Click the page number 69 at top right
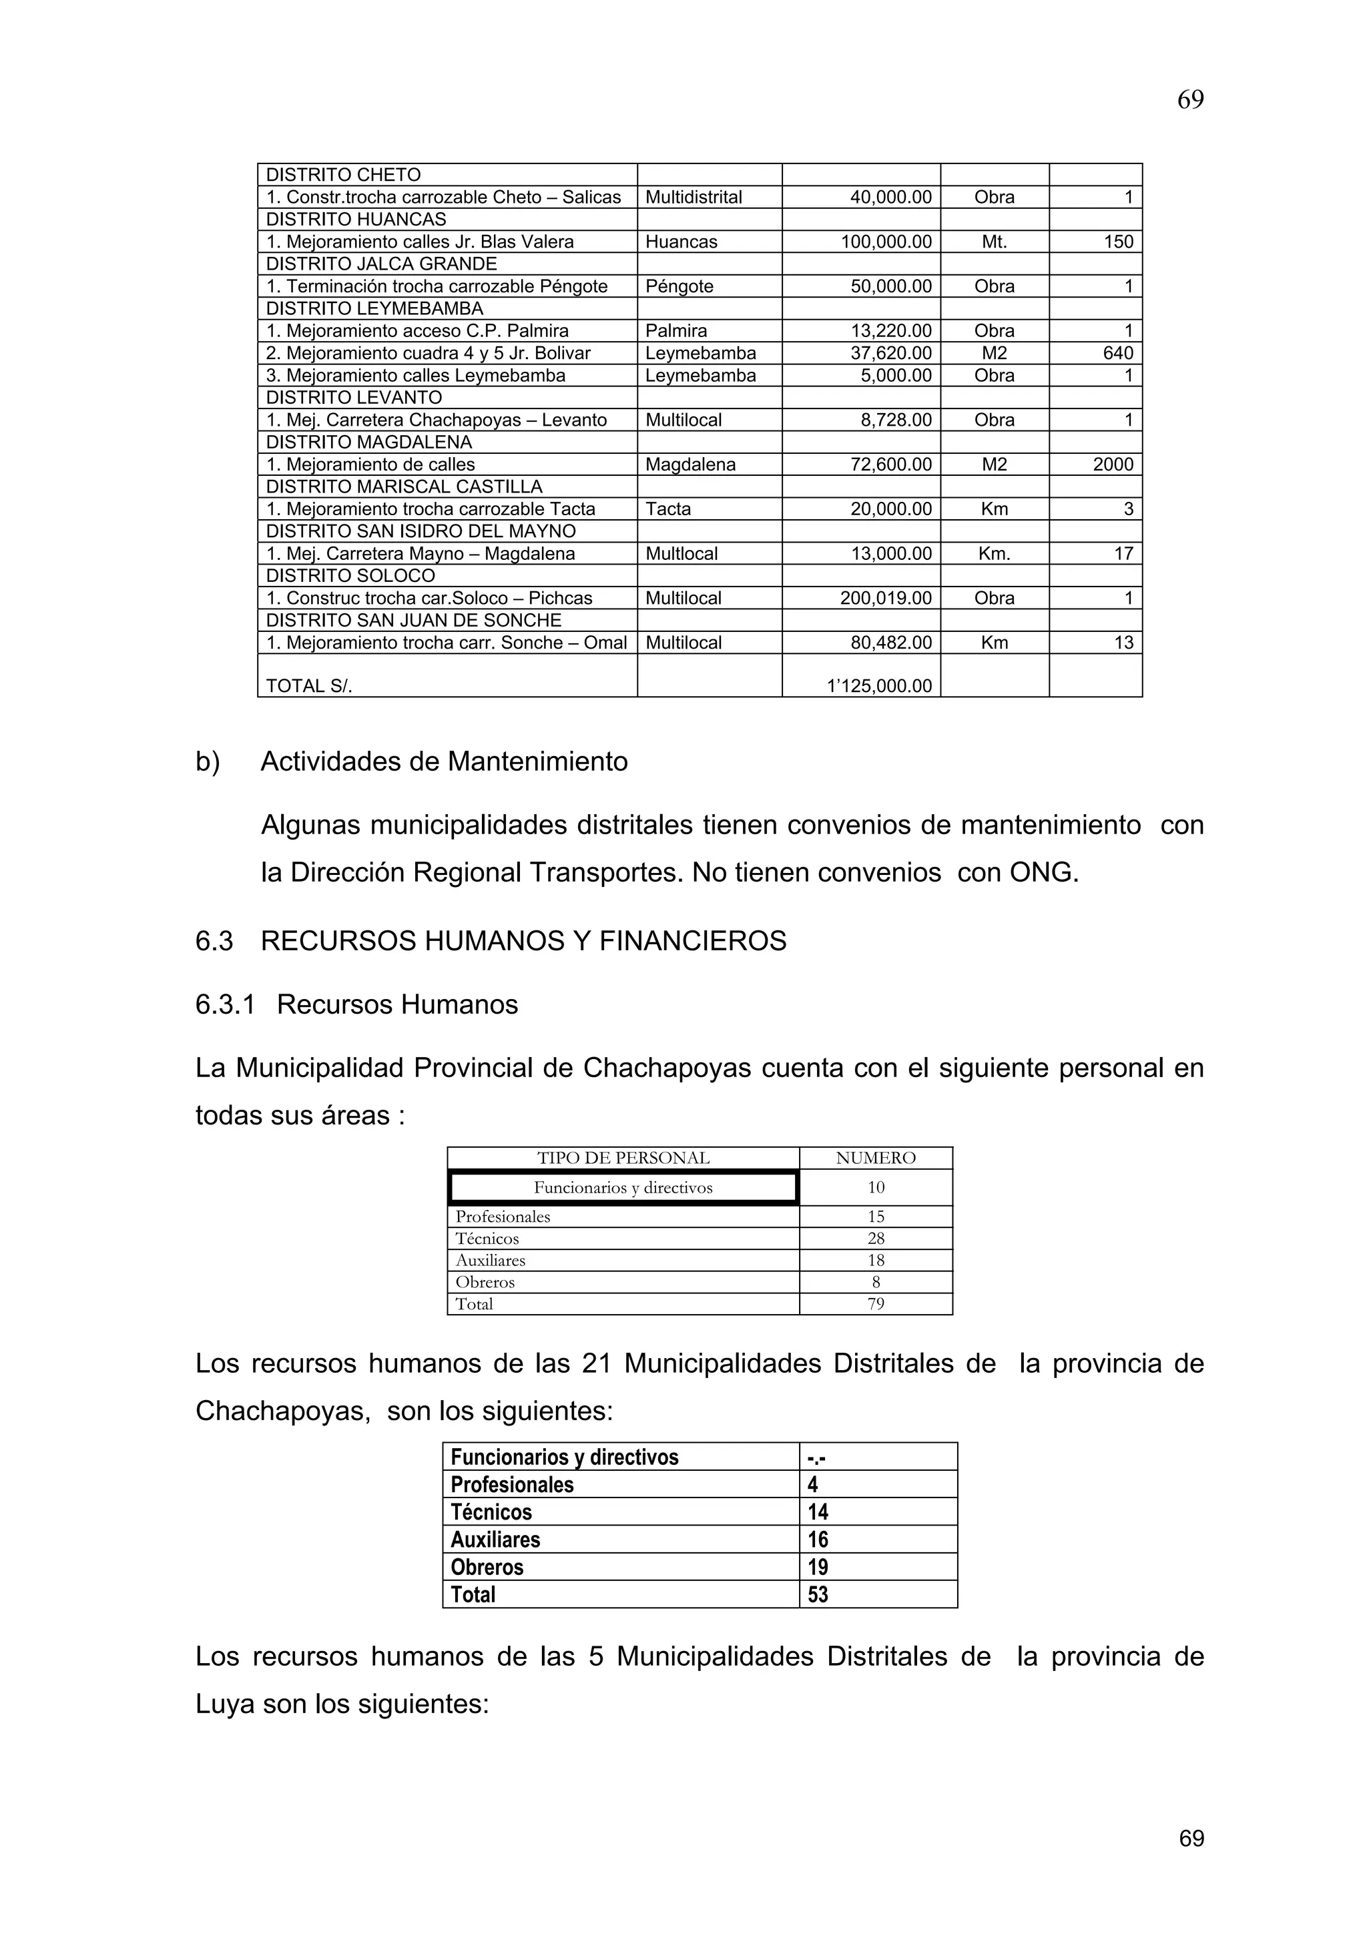coord(1189,100)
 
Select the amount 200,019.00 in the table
coord(885,598)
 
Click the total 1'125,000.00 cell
coord(879,685)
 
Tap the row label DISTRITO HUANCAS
coord(356,220)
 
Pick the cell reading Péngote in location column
coord(679,286)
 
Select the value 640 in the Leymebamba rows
coord(1117,353)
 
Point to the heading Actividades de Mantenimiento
coord(444,761)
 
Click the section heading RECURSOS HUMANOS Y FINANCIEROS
coord(523,941)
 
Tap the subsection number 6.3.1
coord(225,1005)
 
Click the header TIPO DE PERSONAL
coord(623,1159)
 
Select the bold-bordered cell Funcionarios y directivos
coord(623,1188)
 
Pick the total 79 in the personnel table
coord(876,1304)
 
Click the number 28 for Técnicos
coord(876,1238)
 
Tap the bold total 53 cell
coord(818,1594)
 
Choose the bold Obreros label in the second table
coord(487,1567)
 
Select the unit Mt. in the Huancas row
coord(994,242)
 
